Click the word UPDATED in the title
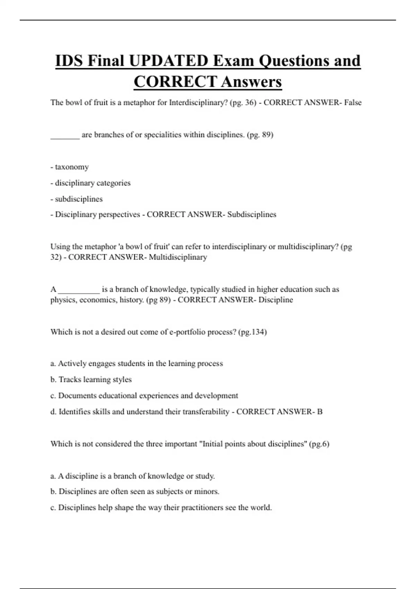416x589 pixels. (x=168, y=61)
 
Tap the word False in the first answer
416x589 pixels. (x=353, y=103)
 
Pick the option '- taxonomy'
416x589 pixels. (x=70, y=167)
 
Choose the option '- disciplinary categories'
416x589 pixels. (x=90, y=183)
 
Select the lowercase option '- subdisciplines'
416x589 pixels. (x=77, y=199)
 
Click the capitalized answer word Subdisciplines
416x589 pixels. (x=252, y=214)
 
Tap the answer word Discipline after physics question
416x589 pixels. (x=276, y=300)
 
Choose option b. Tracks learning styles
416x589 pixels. (x=91, y=379)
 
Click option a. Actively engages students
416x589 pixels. (x=137, y=363)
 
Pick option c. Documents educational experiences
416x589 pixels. (x=144, y=396)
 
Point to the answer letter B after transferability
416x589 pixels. (x=320, y=412)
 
